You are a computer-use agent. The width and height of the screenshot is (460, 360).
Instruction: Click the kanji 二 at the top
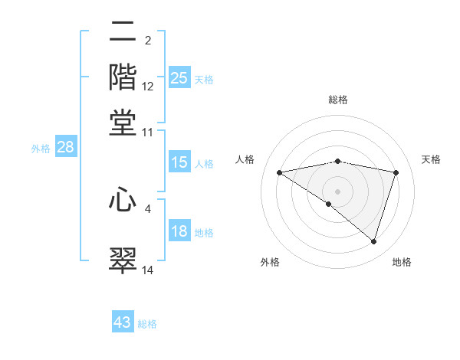pos(123,32)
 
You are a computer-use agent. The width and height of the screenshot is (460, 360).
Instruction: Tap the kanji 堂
pos(123,122)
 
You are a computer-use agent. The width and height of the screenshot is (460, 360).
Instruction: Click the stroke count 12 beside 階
pos(148,87)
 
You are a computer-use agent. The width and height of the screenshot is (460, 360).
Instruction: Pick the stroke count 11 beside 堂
pos(148,133)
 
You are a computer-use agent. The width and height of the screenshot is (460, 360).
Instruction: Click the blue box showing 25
pos(179,78)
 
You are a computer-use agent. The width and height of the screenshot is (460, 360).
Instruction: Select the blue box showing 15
pos(179,162)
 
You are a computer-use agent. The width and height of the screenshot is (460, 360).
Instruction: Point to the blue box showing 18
pos(179,232)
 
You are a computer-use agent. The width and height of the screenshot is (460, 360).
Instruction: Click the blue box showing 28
pos(65,148)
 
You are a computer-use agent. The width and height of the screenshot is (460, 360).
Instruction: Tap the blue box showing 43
pos(123,322)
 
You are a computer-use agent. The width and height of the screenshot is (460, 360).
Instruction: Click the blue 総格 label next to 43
pos(148,324)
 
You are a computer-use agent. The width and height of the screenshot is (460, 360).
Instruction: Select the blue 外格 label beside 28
pos(40,149)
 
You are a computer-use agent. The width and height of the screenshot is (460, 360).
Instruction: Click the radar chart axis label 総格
pos(337,100)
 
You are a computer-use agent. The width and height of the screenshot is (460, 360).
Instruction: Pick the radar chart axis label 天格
pos(431,159)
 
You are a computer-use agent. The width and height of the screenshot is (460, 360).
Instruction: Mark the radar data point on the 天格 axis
pos(396,172)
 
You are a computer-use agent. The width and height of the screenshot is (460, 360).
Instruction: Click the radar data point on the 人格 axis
pos(280,172)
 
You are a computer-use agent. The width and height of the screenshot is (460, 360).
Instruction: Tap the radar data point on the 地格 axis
pos(373,241)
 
